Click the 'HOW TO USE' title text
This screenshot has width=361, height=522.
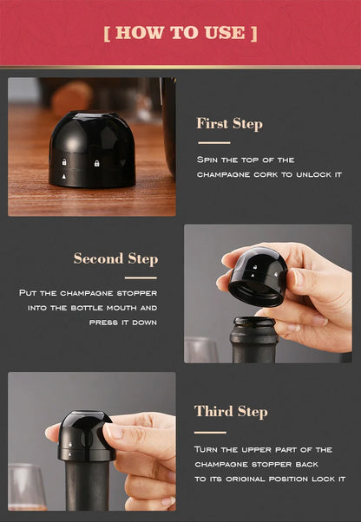[180, 33]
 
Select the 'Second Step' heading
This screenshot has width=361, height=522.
[115, 258]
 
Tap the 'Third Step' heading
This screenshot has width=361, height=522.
[230, 411]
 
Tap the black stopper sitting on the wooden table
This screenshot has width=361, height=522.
[92, 148]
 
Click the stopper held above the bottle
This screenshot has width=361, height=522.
[257, 275]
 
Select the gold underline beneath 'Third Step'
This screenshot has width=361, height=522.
[210, 431]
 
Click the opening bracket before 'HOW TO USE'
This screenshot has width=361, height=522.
[107, 33]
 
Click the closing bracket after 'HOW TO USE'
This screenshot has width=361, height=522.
[253, 33]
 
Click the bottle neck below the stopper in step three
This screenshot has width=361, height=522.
[87, 486]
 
